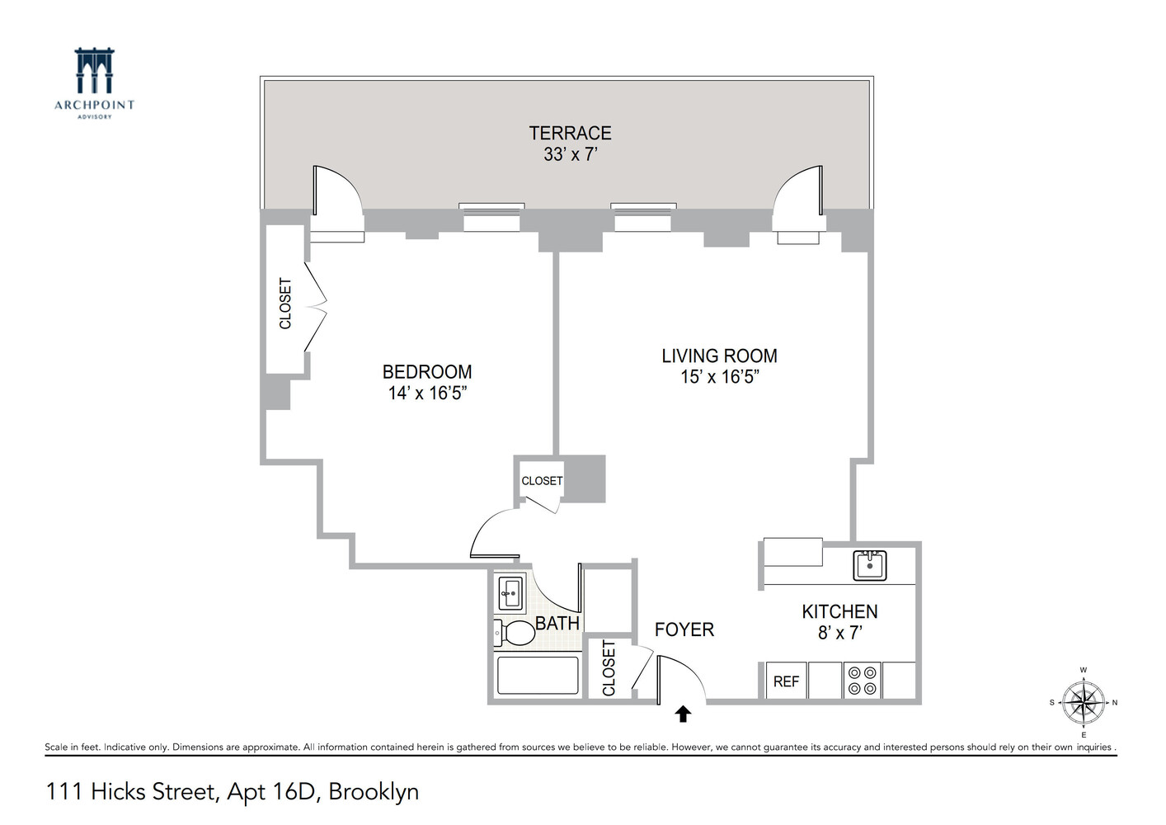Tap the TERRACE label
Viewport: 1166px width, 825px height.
(570, 133)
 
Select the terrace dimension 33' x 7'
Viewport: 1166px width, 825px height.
(570, 154)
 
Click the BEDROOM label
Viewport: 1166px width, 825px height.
(427, 371)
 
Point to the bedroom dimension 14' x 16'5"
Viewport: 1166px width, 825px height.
(427, 393)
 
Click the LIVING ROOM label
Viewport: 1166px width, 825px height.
(719, 356)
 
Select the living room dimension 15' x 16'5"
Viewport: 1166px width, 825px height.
(719, 377)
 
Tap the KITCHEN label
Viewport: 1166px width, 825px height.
(839, 611)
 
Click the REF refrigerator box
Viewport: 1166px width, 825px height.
(786, 681)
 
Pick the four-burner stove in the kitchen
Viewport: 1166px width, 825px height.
(862, 680)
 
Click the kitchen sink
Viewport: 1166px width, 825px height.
(869, 566)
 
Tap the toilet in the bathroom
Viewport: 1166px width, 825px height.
(516, 634)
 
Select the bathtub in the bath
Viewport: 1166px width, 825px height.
(538, 676)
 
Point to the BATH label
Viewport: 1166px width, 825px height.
(557, 623)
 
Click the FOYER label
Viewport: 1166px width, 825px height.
(684, 629)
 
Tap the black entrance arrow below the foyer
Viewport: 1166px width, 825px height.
(683, 714)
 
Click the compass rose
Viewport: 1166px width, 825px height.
(1084, 703)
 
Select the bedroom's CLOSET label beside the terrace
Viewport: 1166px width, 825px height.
(285, 304)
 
